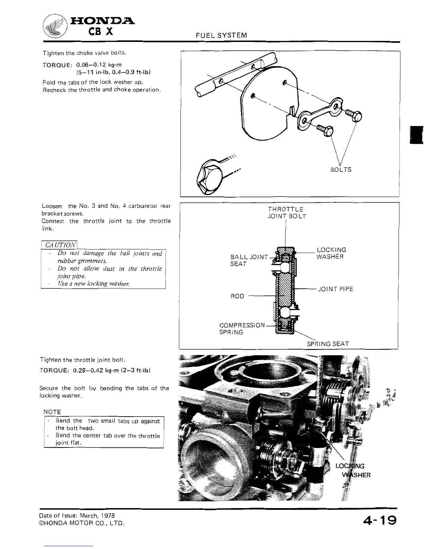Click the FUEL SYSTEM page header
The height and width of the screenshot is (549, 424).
point(221,35)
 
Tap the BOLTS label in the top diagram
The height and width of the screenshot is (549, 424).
point(341,169)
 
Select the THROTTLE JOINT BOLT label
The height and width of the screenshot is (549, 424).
point(287,213)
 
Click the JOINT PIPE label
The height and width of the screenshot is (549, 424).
point(335,289)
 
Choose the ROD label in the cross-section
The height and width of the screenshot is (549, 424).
point(237,296)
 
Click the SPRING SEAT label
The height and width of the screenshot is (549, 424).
point(328,344)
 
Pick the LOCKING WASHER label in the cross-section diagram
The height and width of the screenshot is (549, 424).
point(331,253)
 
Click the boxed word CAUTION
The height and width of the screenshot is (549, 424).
point(60,245)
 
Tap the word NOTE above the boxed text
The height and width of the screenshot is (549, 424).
point(52,412)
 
